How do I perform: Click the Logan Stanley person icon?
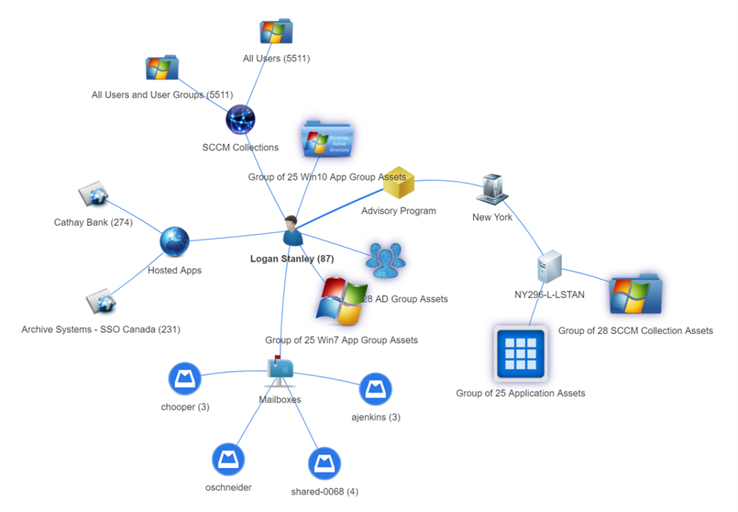coord(292,230)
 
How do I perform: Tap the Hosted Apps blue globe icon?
coord(174,242)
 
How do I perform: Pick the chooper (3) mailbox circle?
coord(184,379)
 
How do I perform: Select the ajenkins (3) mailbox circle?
coord(375,389)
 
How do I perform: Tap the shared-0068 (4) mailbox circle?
coord(324,463)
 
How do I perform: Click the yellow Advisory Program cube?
coord(399,184)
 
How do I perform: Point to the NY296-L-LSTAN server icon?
coord(550,268)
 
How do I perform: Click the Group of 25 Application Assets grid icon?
coord(520,353)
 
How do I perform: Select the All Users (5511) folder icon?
coord(276,32)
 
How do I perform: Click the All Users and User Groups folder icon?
coord(161,69)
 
